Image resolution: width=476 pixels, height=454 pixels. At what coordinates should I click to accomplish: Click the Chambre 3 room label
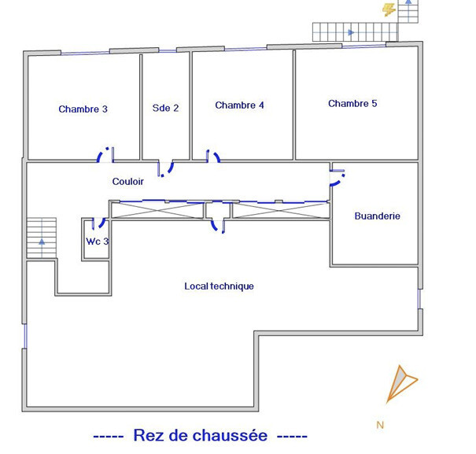[83, 109]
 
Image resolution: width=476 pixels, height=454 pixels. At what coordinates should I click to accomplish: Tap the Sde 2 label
[165, 108]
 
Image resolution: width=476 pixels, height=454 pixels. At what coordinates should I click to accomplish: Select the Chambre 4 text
[239, 105]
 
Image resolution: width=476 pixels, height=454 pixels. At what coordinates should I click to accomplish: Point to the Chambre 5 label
[352, 103]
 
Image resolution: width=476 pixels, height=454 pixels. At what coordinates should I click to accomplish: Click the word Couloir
[127, 181]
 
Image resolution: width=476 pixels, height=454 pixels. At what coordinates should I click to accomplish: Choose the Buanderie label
[378, 216]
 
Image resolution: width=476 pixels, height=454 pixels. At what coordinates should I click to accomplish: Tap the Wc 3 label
[98, 242]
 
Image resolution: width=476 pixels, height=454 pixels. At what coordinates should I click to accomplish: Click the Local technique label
[219, 286]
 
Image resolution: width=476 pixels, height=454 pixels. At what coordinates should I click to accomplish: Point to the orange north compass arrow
[401, 384]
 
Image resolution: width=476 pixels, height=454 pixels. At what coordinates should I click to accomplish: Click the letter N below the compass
[380, 425]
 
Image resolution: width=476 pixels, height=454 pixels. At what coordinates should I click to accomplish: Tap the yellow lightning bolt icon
[389, 10]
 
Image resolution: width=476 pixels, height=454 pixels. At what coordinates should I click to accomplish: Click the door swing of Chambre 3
[105, 154]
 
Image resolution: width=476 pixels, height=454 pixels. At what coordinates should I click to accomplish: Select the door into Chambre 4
[213, 156]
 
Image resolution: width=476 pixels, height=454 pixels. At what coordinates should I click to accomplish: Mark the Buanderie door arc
[338, 178]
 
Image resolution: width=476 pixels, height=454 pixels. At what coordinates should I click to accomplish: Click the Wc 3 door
[98, 223]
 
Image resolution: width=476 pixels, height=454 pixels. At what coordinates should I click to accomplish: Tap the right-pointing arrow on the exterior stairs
[351, 32]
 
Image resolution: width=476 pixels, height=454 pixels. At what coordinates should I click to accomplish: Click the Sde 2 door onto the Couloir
[165, 169]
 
